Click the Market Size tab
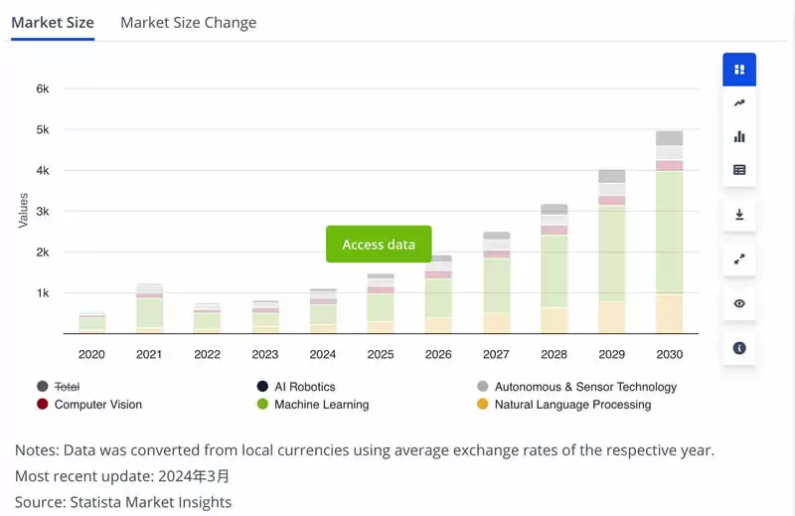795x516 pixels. tap(53, 23)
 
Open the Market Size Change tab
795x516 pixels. tap(188, 23)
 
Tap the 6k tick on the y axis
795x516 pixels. tap(43, 88)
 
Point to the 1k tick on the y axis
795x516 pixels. tap(43, 293)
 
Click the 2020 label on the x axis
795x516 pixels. tap(91, 355)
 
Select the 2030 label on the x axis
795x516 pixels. tap(669, 355)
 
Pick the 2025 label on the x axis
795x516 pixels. tap(380, 355)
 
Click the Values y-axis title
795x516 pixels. tap(23, 211)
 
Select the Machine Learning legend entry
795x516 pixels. tap(321, 405)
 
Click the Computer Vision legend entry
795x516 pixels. tap(97, 405)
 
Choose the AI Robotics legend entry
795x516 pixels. tap(304, 387)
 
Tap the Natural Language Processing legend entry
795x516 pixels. tap(571, 405)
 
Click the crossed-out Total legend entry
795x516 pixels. tap(67, 387)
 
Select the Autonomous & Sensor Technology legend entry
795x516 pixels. tap(585, 387)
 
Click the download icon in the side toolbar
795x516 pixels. tap(739, 215)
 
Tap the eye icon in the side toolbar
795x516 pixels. tap(739, 303)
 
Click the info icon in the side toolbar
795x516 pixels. tap(739, 348)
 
